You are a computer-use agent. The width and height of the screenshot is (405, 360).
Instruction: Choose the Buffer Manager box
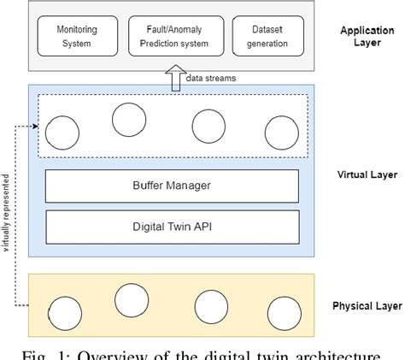(x=172, y=186)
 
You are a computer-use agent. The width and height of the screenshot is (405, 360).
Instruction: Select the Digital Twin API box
(x=172, y=227)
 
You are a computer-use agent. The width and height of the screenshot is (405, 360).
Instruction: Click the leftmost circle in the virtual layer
(x=62, y=133)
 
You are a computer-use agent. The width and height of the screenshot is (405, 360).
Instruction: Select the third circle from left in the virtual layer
(x=208, y=126)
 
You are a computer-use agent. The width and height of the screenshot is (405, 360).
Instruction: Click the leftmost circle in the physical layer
(x=64, y=313)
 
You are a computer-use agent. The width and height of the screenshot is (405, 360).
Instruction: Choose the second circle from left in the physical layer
(x=132, y=300)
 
